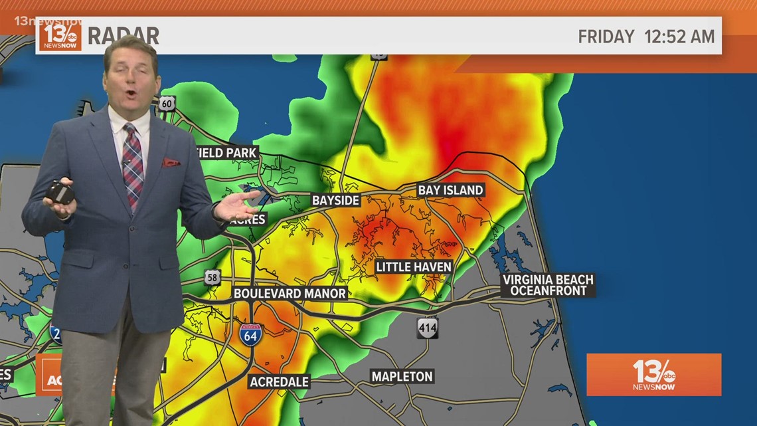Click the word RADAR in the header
click(x=123, y=36)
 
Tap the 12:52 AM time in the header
click(x=679, y=37)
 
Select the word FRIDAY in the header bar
click(x=606, y=37)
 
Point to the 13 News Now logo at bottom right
click(x=653, y=375)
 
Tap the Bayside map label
click(x=335, y=200)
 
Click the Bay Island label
click(x=450, y=190)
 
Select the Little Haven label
click(x=414, y=266)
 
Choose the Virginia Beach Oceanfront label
click(x=548, y=285)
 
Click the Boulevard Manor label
click(x=290, y=293)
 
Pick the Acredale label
click(x=279, y=381)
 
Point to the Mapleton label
click(x=402, y=376)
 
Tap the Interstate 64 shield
click(x=251, y=334)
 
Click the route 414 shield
click(x=428, y=327)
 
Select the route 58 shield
click(x=212, y=277)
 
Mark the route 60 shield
click(x=167, y=103)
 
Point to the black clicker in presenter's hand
click(x=60, y=193)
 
